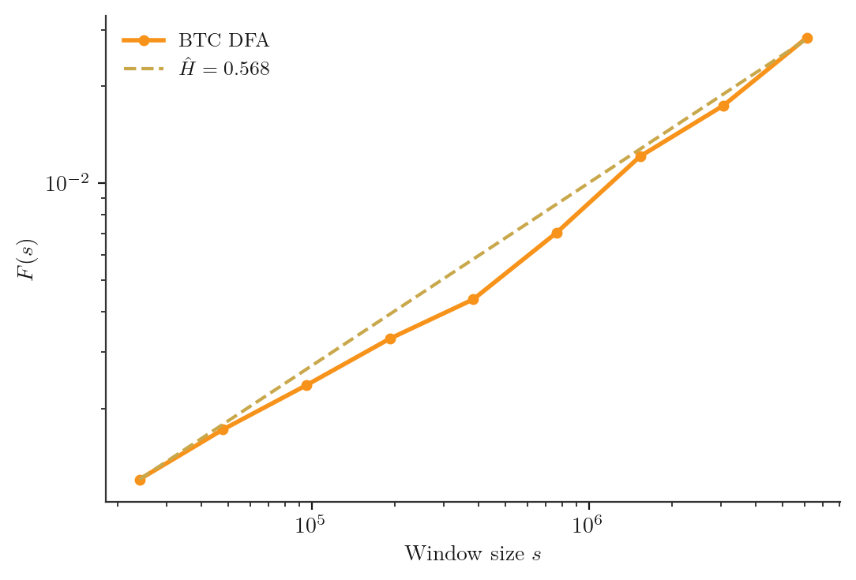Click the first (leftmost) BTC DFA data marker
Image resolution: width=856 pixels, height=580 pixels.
(140, 480)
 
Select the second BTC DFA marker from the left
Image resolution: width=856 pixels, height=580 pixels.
(223, 429)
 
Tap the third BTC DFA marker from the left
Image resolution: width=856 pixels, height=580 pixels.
(306, 385)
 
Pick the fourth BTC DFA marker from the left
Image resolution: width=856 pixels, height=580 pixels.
(390, 339)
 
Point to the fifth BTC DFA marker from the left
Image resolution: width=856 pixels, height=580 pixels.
(473, 299)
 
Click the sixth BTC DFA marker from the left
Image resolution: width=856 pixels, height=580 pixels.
(557, 233)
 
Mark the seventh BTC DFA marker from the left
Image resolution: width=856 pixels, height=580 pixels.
(640, 156)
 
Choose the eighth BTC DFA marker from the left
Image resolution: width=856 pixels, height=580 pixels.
(723, 106)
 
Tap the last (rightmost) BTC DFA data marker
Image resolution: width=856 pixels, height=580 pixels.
(807, 38)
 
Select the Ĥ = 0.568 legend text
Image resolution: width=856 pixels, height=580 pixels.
(224, 69)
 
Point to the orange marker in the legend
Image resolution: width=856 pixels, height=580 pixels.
(144, 40)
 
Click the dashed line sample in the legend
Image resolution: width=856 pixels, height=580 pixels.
(144, 69)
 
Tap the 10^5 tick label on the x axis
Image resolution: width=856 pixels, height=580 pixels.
(311, 526)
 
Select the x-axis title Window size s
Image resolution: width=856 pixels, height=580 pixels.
(472, 554)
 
